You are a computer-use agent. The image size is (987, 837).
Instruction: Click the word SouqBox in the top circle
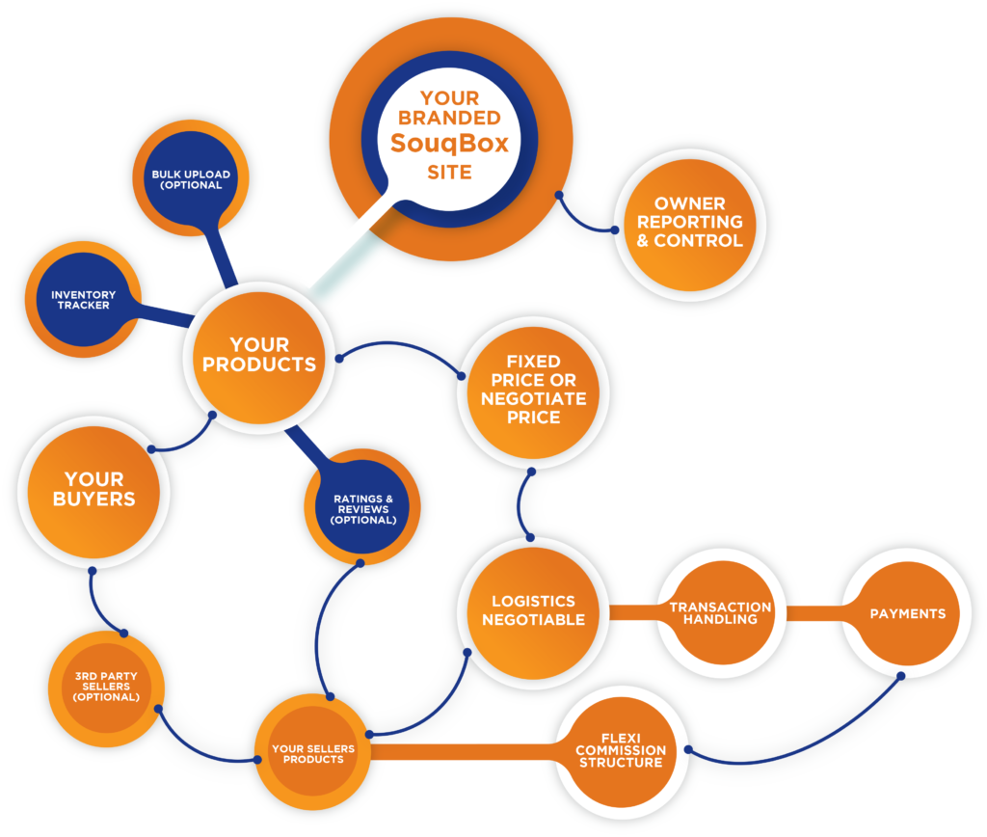tap(449, 144)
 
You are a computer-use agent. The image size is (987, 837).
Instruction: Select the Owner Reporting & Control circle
tap(690, 225)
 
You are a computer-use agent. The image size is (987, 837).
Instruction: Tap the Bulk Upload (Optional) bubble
tap(191, 178)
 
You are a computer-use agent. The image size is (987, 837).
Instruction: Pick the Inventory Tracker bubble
tap(83, 300)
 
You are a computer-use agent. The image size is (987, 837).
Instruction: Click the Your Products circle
tap(259, 358)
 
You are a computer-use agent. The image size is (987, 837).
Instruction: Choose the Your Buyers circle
tap(93, 492)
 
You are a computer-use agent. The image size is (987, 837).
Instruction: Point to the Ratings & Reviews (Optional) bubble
tap(362, 507)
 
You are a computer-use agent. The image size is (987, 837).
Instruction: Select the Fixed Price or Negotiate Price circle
tap(534, 392)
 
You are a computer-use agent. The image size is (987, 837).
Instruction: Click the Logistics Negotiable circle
tap(534, 612)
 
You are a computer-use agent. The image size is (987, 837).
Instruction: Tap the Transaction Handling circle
tap(721, 612)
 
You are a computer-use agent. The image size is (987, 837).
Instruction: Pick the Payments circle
tap(908, 613)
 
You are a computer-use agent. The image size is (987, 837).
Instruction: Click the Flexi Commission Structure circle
tap(621, 752)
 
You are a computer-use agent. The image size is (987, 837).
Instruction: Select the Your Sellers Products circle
tap(313, 752)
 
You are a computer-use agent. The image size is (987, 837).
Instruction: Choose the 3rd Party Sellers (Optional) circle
tap(106, 688)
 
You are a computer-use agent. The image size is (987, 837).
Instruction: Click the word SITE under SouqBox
tap(449, 172)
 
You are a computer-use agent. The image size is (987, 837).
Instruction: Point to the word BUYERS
tap(93, 499)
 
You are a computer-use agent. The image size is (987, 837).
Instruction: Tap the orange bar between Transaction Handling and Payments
tap(814, 613)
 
